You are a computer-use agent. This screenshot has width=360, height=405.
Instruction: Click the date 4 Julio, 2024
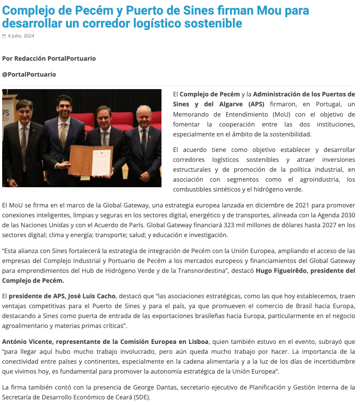pyautogui.click(x=21, y=36)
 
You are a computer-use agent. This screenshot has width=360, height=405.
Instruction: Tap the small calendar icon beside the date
pyautogui.click(x=4, y=36)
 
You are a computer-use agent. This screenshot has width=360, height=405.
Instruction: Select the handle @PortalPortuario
pyautogui.click(x=29, y=74)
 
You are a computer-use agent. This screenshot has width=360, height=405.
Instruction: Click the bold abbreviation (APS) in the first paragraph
pyautogui.click(x=256, y=104)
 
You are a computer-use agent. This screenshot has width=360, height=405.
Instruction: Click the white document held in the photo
pyautogui.click(x=102, y=160)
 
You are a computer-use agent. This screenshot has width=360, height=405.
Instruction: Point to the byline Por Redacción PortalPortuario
pyautogui.click(x=49, y=58)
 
